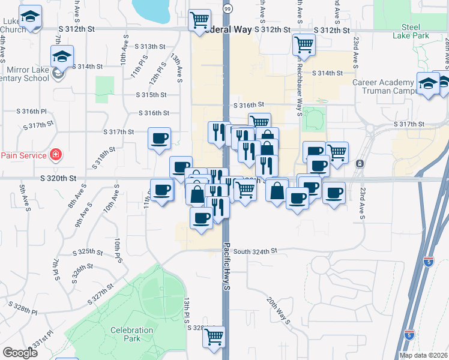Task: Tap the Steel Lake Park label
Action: click(411, 31)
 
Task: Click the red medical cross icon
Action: click(56, 155)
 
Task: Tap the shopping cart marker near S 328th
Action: click(213, 337)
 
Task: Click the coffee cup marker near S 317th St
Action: click(160, 138)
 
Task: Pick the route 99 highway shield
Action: click(226, 9)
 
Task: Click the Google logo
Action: click(20, 353)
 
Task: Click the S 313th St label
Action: click(149, 47)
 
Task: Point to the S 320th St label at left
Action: click(59, 178)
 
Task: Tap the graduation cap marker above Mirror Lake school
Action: click(62, 56)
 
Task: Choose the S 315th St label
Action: click(150, 95)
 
